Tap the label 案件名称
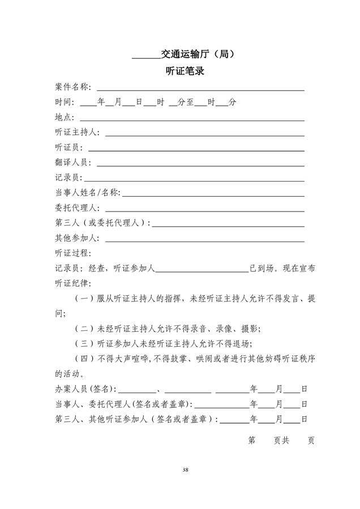pos(71,87)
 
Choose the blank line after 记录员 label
pos(196,180)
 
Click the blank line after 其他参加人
pos(204,240)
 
